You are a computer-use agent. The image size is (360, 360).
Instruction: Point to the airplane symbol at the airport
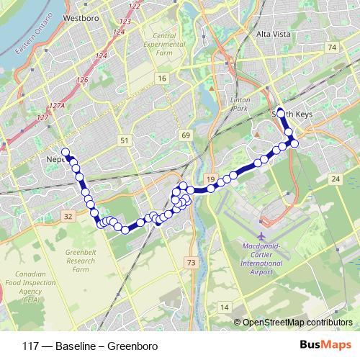261,236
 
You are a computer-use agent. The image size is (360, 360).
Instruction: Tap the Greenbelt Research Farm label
79,261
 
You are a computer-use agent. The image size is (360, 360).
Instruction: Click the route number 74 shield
332,48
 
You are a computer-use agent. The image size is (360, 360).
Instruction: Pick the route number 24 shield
336,178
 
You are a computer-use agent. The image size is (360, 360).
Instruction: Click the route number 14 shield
225,307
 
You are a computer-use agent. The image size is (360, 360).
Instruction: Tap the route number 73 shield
190,264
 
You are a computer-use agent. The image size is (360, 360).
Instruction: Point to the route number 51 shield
125,140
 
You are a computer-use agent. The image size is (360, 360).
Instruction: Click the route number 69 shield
186,135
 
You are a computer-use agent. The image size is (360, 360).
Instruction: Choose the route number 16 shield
163,78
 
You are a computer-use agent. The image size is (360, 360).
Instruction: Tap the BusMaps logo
321,344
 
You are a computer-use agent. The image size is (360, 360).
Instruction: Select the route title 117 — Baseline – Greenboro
81,344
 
